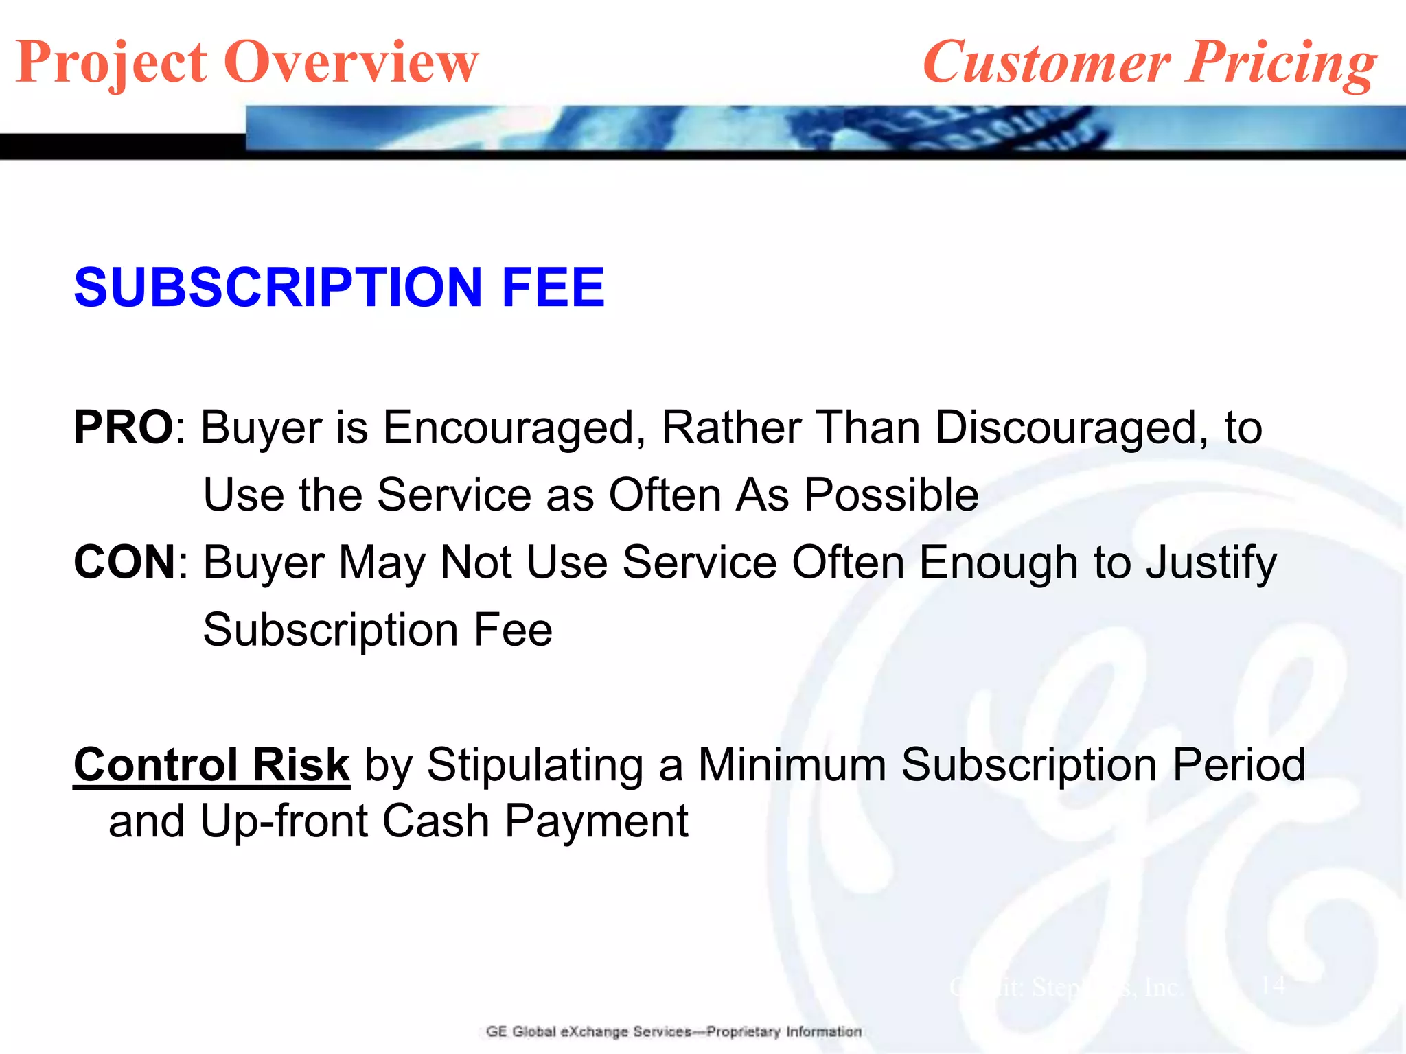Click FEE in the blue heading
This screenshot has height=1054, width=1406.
(553, 287)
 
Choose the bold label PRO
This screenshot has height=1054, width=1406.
(124, 427)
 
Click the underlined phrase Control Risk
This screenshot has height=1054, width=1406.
(211, 764)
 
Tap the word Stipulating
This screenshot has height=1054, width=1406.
(535, 766)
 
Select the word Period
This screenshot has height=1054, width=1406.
(1238, 764)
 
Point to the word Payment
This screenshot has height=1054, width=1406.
(596, 822)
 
